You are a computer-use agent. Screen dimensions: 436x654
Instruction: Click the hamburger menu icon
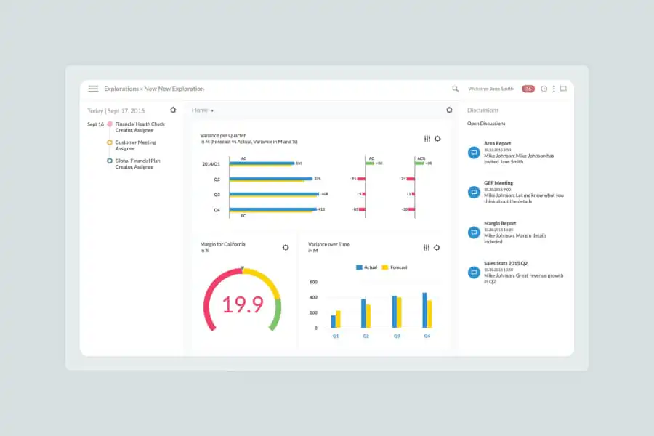coord(93,89)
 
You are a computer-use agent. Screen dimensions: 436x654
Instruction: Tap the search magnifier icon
coord(456,89)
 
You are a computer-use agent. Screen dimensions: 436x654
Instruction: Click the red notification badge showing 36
coord(528,89)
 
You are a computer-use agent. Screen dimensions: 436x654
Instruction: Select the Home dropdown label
coord(201,110)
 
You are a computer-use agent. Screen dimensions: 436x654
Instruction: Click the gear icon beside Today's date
coord(173,110)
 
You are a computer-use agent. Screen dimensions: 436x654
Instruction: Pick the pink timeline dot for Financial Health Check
coord(110,124)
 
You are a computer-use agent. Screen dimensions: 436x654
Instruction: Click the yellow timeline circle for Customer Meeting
coord(110,142)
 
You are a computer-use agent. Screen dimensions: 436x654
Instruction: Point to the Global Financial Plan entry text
coord(138,161)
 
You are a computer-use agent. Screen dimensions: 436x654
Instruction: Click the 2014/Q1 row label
coord(211,164)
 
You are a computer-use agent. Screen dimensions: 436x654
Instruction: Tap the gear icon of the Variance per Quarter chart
coord(437,138)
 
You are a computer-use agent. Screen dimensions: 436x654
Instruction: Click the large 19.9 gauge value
coord(243,305)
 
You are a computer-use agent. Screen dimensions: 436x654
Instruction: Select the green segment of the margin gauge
coord(275,315)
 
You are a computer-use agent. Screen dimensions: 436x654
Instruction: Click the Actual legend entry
coord(367,267)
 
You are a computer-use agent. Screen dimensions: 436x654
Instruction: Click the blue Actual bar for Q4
coord(424,310)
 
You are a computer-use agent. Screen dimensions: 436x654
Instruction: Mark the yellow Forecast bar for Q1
coord(338,319)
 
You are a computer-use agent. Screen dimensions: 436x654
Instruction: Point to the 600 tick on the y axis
coord(313,282)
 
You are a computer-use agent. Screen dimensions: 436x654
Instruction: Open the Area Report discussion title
coord(498,144)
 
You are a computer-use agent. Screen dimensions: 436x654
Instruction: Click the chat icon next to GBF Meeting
coord(474,192)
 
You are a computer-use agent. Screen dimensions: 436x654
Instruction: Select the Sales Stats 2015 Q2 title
coord(505,263)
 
